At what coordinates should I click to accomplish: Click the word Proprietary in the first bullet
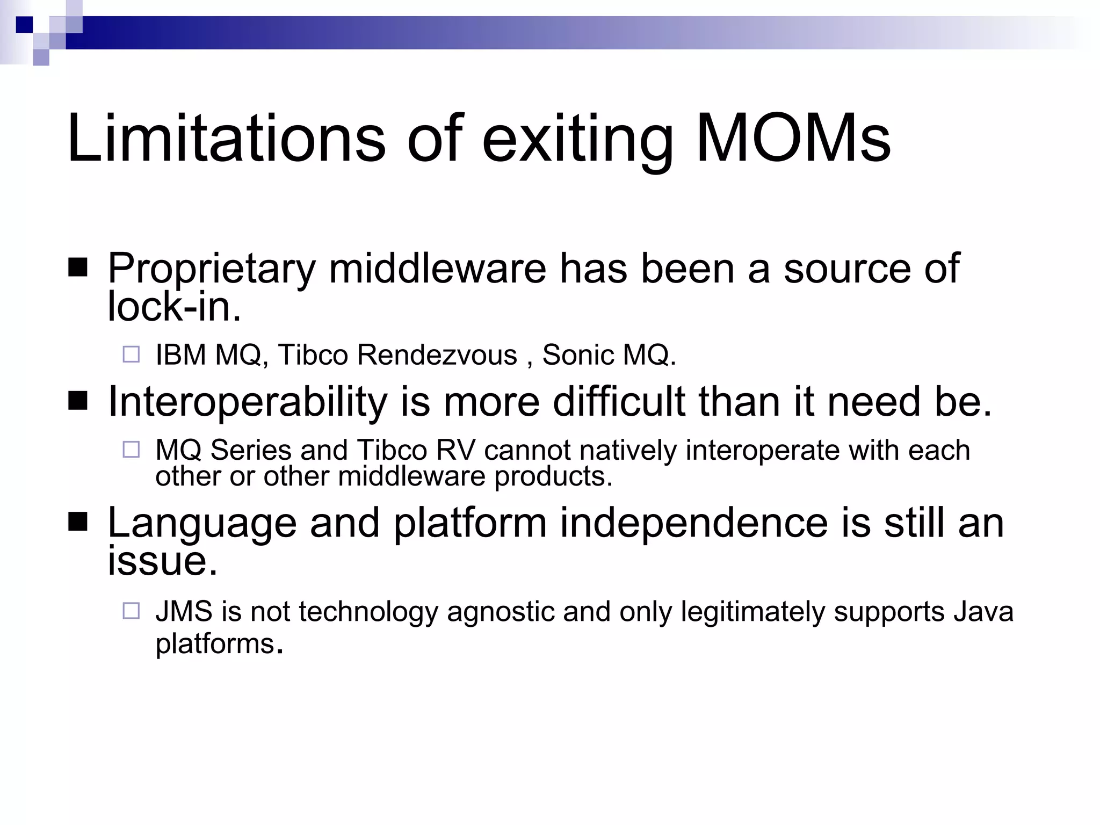[212, 269]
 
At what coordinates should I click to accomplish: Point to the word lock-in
[174, 307]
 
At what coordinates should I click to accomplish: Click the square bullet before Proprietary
[78, 267]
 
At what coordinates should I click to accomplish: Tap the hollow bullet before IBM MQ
[131, 354]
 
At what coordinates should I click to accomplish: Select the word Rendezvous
[437, 355]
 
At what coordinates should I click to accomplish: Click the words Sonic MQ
[609, 355]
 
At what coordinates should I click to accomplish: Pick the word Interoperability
[247, 402]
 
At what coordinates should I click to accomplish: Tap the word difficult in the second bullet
[619, 401]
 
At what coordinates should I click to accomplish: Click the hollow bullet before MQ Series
[131, 450]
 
